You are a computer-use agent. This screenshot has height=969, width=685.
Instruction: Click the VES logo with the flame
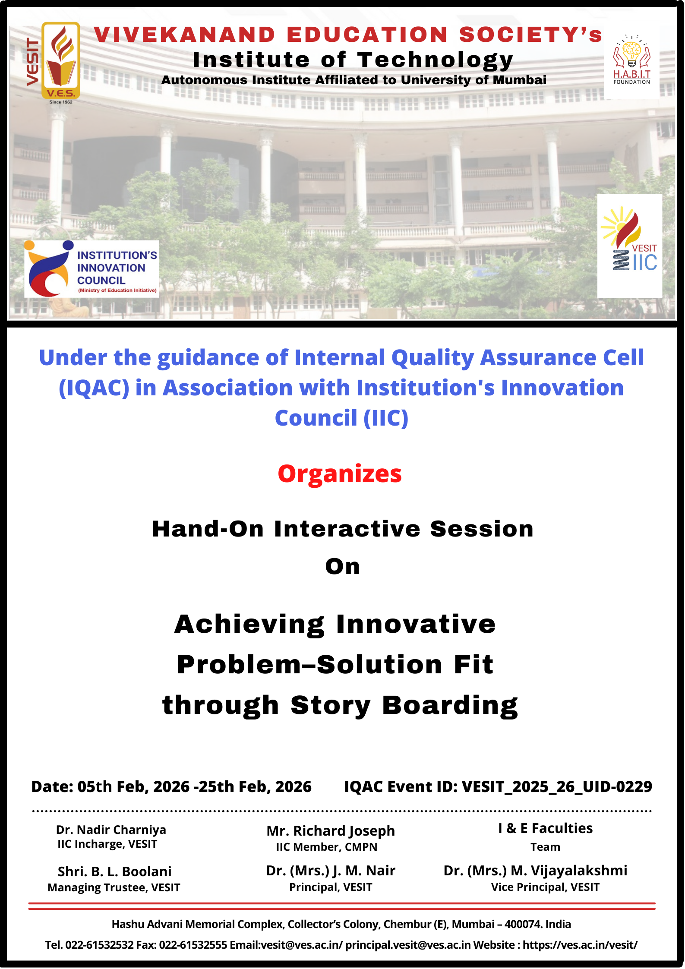click(61, 61)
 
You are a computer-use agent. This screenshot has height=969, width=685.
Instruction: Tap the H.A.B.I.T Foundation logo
click(632, 60)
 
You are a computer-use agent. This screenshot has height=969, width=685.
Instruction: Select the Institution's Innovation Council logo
click(92, 269)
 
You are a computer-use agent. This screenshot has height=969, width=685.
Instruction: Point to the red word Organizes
click(340, 474)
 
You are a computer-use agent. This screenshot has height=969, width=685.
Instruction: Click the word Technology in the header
click(435, 60)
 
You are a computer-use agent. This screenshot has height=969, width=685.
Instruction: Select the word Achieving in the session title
click(249, 625)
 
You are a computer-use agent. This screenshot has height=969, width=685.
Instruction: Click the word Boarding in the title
click(450, 705)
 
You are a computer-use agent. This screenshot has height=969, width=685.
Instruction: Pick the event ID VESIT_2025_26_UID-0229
click(557, 786)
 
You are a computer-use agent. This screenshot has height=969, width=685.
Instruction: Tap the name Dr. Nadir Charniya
click(111, 830)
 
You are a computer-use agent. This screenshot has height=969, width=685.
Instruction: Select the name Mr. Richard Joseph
click(331, 831)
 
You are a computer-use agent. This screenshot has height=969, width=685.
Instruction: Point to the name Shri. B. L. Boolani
click(115, 871)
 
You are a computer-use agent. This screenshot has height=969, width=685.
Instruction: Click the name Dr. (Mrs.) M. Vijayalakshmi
click(535, 871)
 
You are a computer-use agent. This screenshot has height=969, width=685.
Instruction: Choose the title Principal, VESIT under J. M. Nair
click(331, 887)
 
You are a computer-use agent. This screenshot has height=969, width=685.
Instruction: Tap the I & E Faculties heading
click(545, 828)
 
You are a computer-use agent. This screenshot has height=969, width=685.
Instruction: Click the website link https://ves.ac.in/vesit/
click(580, 945)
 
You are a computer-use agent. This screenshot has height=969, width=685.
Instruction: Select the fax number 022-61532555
click(193, 945)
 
